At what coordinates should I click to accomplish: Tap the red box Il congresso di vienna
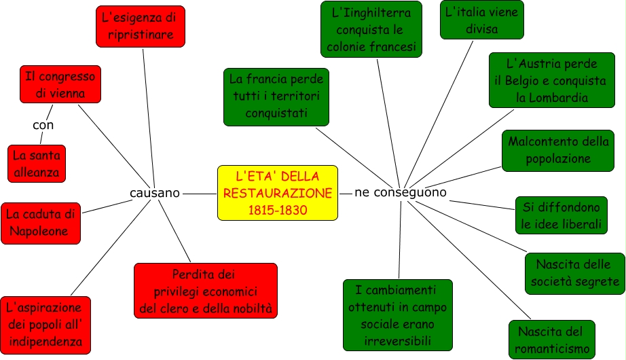[60, 84]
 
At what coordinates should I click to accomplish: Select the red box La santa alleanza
[37, 164]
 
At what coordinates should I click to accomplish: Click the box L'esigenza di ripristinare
[141, 26]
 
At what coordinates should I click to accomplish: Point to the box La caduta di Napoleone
[40, 223]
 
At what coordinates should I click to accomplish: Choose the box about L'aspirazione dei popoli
[45, 324]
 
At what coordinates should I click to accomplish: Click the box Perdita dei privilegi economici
[205, 291]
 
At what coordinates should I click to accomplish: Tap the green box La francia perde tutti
[276, 96]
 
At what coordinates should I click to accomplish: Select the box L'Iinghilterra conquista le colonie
[371, 29]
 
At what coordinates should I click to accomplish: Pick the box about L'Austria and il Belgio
[551, 80]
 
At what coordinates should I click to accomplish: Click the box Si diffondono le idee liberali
[560, 215]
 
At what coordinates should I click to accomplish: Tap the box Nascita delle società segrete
[574, 273]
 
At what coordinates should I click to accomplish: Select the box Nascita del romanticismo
[551, 340]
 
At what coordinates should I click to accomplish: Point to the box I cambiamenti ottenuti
[397, 314]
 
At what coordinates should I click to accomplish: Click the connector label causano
[155, 193]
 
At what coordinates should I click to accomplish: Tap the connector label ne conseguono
[401, 192]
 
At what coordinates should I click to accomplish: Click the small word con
[43, 125]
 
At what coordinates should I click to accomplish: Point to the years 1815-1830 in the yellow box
[277, 211]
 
